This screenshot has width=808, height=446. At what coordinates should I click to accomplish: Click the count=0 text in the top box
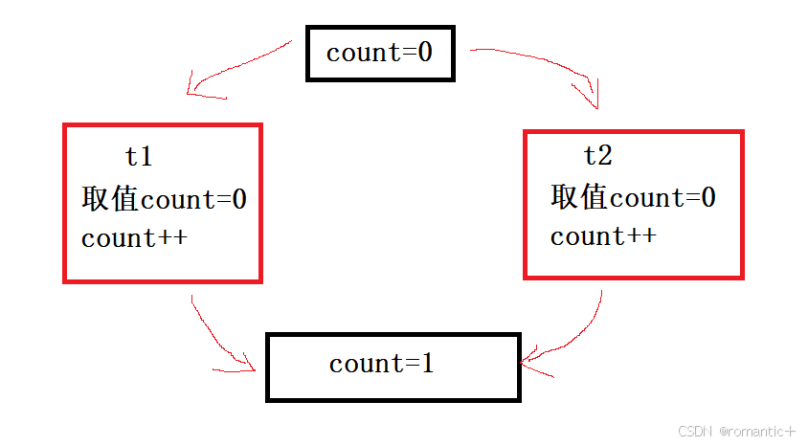point(379,53)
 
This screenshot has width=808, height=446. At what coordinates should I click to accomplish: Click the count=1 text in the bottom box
point(381,364)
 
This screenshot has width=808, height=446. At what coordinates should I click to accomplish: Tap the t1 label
point(139,156)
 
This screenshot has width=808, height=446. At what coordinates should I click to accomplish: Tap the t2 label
point(597,155)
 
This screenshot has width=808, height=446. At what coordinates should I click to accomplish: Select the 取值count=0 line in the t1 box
point(164,200)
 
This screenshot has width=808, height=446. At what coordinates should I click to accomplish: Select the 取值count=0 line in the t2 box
point(633,198)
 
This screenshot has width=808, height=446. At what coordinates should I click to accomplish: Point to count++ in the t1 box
point(134,238)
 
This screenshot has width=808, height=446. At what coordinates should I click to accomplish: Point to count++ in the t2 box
point(603,236)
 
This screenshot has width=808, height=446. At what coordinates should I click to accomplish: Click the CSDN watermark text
point(696,432)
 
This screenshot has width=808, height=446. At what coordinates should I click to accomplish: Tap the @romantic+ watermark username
point(757,432)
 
